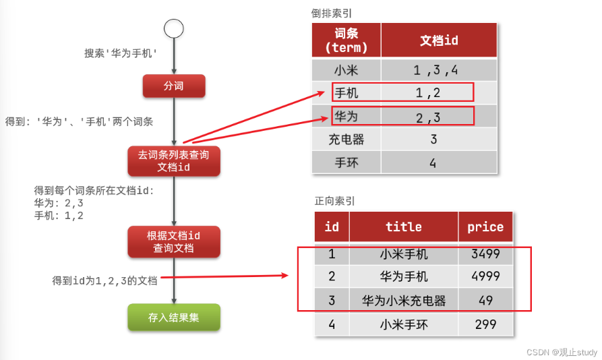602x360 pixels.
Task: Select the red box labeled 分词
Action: point(174,86)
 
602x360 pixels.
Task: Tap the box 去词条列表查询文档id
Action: point(174,161)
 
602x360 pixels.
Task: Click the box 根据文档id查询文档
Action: point(174,241)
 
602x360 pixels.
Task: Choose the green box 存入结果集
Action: point(174,317)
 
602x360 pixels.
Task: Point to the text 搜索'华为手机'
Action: point(121,53)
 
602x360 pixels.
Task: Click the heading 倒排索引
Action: point(332,13)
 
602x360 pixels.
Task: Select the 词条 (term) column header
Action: point(347,40)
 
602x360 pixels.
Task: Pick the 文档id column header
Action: point(439,40)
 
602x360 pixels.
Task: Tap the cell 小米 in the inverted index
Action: point(347,70)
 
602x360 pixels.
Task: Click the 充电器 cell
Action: point(347,140)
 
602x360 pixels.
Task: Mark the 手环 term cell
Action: point(347,162)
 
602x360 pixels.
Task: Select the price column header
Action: point(485,227)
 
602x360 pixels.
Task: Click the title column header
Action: point(404,227)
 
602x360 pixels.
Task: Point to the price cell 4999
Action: point(485,276)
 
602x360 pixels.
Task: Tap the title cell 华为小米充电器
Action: point(404,300)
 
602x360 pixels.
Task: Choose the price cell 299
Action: point(485,324)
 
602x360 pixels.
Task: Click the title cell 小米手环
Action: point(404,324)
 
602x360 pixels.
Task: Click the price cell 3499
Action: point(485,254)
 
